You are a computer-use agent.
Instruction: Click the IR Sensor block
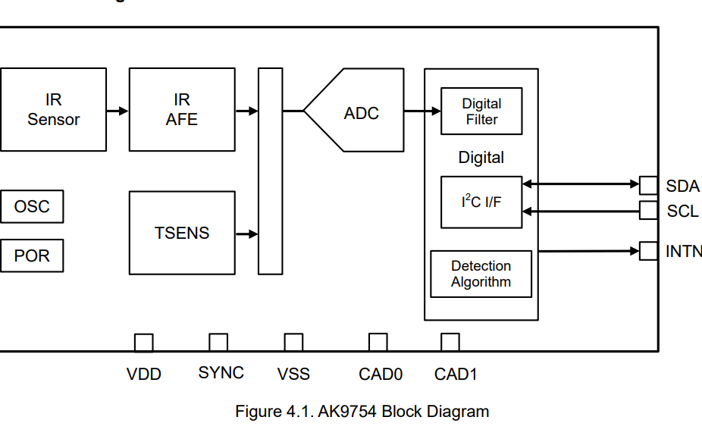[x=53, y=110]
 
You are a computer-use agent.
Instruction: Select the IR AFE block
[x=182, y=110]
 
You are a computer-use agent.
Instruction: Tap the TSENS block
[x=182, y=233]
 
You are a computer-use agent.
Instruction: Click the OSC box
[x=32, y=207]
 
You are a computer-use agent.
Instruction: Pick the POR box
[x=32, y=256]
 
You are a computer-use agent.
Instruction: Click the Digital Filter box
[x=481, y=111]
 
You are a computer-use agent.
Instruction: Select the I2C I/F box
[x=481, y=202]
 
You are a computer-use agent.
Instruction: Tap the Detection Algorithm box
[x=481, y=274]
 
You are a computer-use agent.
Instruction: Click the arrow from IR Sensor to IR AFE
[x=118, y=111]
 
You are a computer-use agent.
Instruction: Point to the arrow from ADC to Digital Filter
[x=422, y=111]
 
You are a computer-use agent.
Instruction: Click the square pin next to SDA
[x=648, y=185]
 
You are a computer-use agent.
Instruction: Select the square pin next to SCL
[x=648, y=210]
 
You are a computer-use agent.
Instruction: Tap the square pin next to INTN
[x=648, y=250]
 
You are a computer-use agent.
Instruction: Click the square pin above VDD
[x=143, y=343]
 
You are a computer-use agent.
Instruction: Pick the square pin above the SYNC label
[x=218, y=343]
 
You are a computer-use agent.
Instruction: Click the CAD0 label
[x=381, y=374]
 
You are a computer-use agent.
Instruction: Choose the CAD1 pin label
[x=456, y=374]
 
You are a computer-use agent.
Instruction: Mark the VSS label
[x=293, y=374]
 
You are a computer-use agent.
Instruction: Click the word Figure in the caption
[x=259, y=412]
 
